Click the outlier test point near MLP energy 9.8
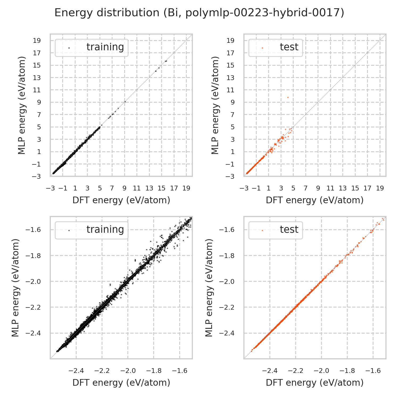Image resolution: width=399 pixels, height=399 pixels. [288, 97]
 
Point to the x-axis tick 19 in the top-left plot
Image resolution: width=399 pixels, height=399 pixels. [186, 188]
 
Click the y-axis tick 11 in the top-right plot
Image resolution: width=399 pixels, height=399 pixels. [230, 90]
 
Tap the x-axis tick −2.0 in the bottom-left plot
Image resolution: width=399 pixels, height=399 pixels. [128, 371]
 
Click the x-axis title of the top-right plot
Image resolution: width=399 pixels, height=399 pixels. [315, 200]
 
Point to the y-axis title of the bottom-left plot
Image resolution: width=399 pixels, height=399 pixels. [16, 288]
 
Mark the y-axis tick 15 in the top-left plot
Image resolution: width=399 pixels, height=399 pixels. [37, 65]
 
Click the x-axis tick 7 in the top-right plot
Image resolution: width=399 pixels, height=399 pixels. [305, 188]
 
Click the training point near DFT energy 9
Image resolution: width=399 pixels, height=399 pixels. [125, 102]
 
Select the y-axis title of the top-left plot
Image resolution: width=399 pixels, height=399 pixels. [22, 105]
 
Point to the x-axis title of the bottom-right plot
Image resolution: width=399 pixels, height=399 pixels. [315, 383]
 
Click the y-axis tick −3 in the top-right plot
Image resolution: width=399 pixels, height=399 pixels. [230, 176]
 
